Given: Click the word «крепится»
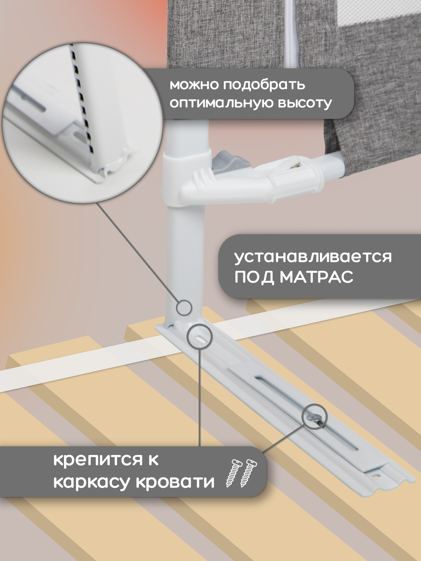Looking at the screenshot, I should point(98,460).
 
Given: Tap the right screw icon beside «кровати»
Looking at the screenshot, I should point(248,473).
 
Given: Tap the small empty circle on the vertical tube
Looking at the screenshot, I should point(184,307).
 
